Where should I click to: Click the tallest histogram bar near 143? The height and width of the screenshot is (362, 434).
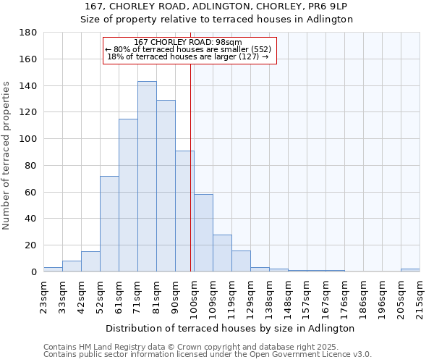147,177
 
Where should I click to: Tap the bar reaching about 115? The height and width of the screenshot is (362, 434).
128,195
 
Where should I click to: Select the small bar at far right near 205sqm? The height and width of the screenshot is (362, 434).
410,270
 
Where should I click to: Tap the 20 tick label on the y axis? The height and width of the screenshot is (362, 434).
31,245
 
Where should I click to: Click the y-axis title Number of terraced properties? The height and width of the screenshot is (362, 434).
7,155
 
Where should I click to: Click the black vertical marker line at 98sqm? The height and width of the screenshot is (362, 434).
190,181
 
